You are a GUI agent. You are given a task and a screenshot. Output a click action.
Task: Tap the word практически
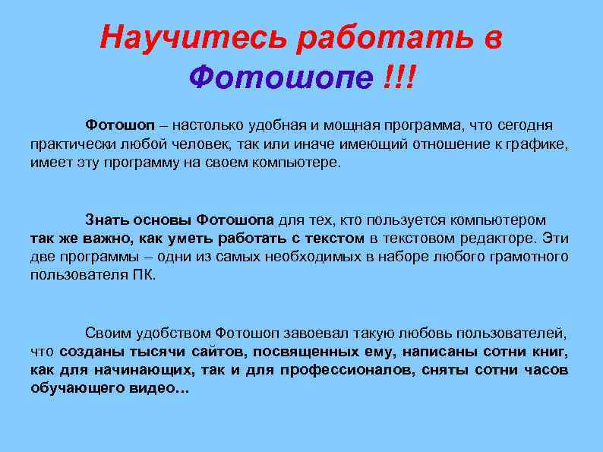(71, 144)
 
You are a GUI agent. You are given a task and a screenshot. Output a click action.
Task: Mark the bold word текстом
(331, 239)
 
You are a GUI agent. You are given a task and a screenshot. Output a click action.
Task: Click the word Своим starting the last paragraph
(109, 333)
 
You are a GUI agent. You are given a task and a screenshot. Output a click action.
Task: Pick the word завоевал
(311, 333)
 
